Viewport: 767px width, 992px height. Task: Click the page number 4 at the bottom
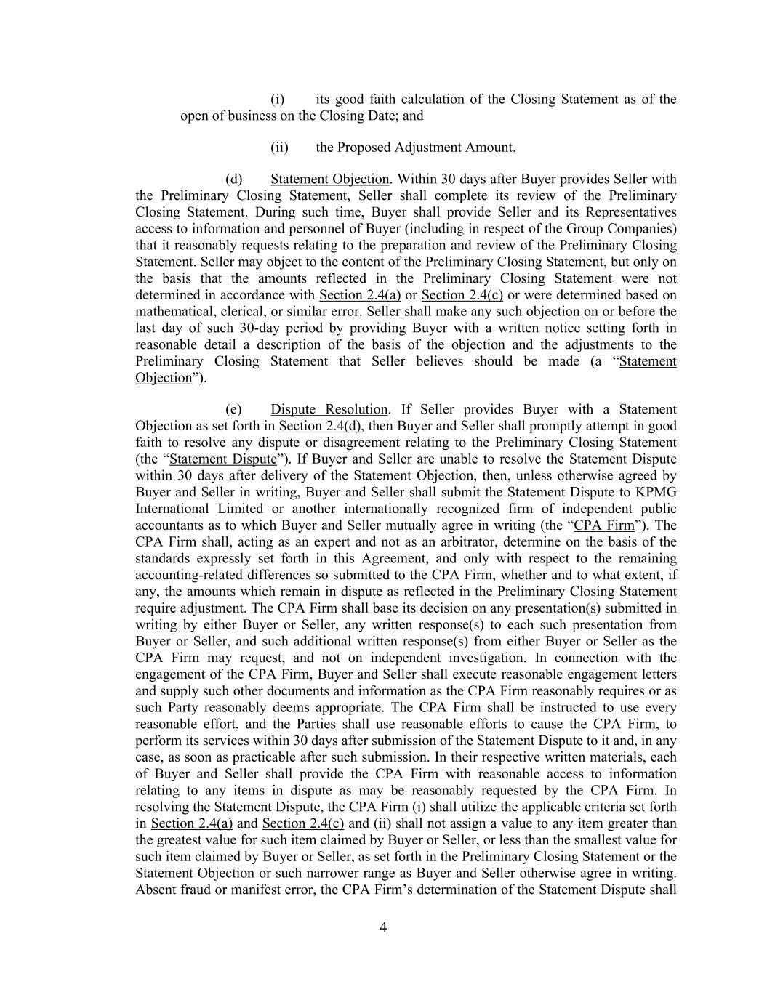coord(383,927)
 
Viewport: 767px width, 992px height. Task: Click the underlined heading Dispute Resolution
coord(329,409)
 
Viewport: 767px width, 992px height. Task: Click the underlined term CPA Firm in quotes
coord(603,525)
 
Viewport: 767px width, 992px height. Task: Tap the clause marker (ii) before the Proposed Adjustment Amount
coord(279,147)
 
